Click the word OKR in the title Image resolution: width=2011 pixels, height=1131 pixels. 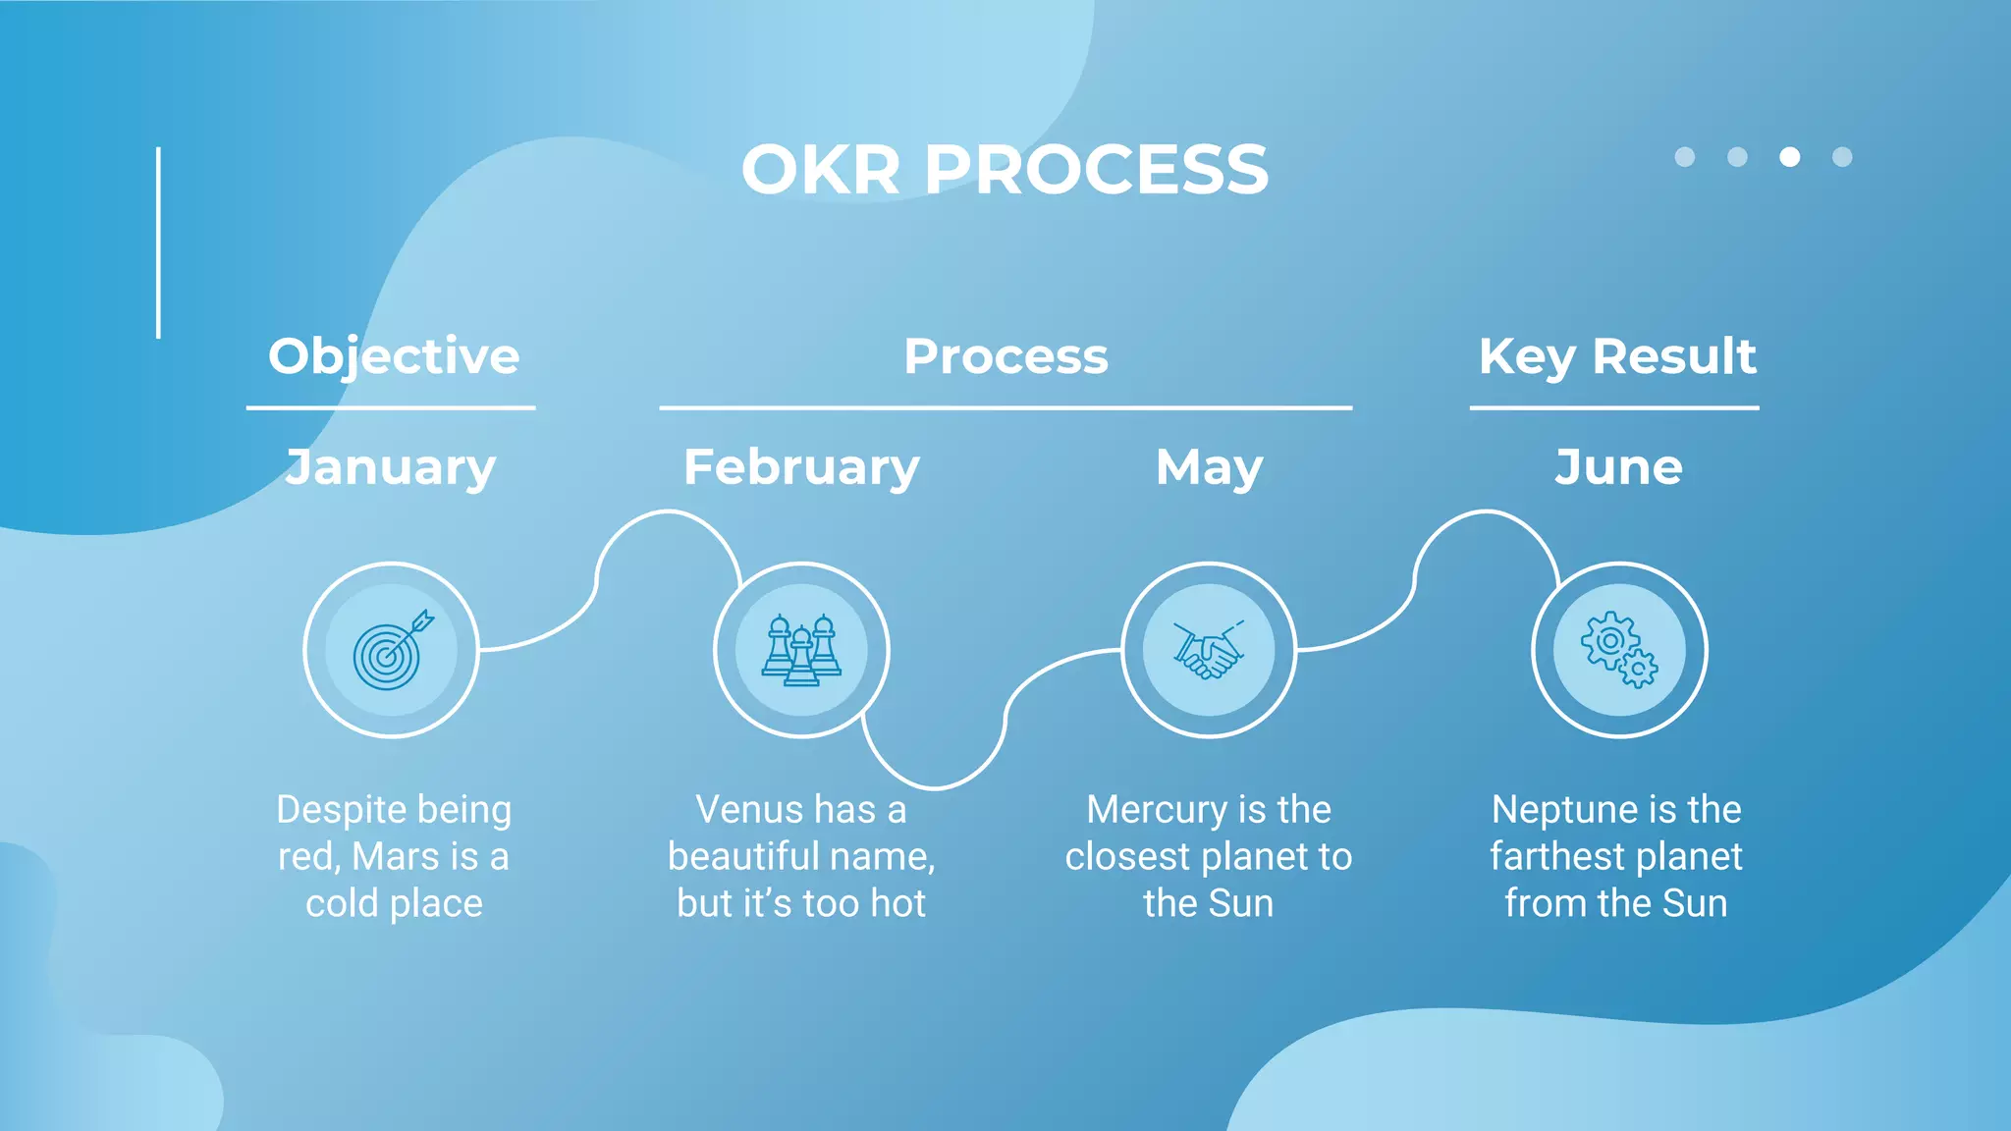[820, 170]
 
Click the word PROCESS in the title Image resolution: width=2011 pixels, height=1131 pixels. [1096, 170]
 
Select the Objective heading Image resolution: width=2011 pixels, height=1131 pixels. [394, 355]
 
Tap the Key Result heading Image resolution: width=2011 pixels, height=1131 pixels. [1616, 355]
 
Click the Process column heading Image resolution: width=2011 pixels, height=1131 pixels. [1005, 355]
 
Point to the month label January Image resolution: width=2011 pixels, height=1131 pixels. [391, 467]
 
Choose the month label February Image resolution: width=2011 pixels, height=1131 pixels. [801, 467]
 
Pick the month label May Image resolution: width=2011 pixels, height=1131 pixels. [1209, 467]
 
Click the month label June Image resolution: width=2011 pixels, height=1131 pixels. [1618, 467]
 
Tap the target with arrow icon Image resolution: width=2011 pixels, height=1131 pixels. [392, 650]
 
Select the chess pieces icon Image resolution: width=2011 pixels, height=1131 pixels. [801, 650]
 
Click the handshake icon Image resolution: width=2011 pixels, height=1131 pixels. [1209, 650]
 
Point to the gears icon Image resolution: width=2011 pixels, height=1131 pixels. [1618, 650]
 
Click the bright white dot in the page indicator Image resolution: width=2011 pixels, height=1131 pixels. [1789, 157]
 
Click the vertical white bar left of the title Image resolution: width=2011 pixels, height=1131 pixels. [158, 242]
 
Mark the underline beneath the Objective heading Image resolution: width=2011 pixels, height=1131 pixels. [391, 407]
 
